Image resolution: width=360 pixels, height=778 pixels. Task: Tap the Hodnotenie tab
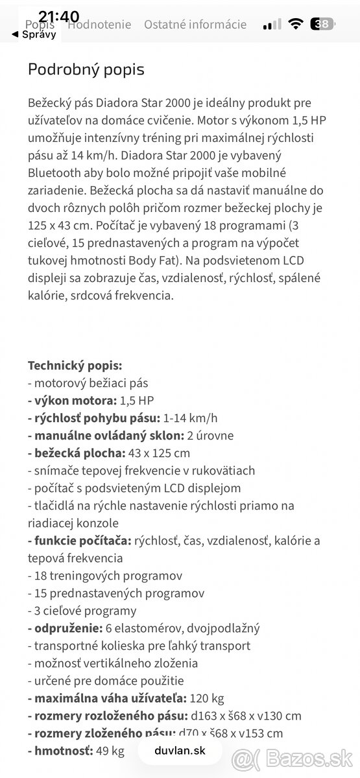99,25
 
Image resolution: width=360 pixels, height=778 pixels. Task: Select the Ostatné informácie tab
195,25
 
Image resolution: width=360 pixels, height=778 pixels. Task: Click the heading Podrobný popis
86,69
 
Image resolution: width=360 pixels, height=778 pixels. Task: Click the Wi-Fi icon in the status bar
296,25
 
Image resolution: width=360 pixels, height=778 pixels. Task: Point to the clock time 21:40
59,16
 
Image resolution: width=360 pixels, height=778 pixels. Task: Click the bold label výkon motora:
72,400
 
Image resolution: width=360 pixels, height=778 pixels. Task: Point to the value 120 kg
208,698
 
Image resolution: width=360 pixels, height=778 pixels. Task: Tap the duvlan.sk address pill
180,751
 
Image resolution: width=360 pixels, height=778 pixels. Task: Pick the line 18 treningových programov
104,575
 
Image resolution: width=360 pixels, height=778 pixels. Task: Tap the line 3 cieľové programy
82,610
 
